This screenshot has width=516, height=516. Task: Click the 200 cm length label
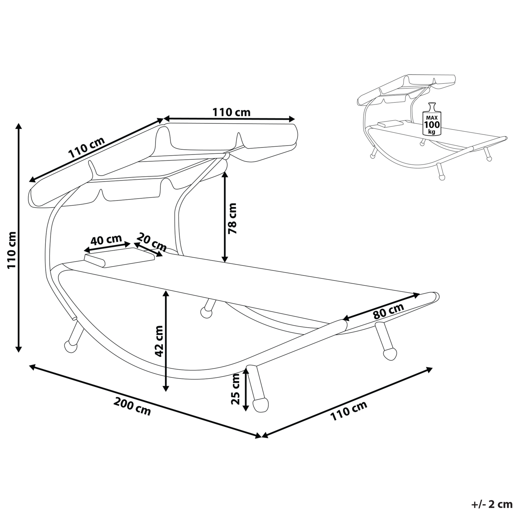coord(132,406)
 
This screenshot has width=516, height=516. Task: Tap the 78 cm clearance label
coord(232,218)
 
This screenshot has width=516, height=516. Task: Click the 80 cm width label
coord(388,311)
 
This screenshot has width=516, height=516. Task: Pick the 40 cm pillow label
coord(106,240)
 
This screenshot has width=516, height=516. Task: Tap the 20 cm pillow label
coord(151,242)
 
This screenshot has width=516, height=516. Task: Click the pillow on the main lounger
coord(119,257)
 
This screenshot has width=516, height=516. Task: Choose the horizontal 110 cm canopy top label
coord(231,112)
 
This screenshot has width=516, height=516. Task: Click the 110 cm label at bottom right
coord(349,411)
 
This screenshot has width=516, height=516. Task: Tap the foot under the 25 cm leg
coord(260,405)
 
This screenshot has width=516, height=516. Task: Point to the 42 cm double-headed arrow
coord(165,341)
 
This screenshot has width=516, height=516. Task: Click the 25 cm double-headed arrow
coord(246,390)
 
